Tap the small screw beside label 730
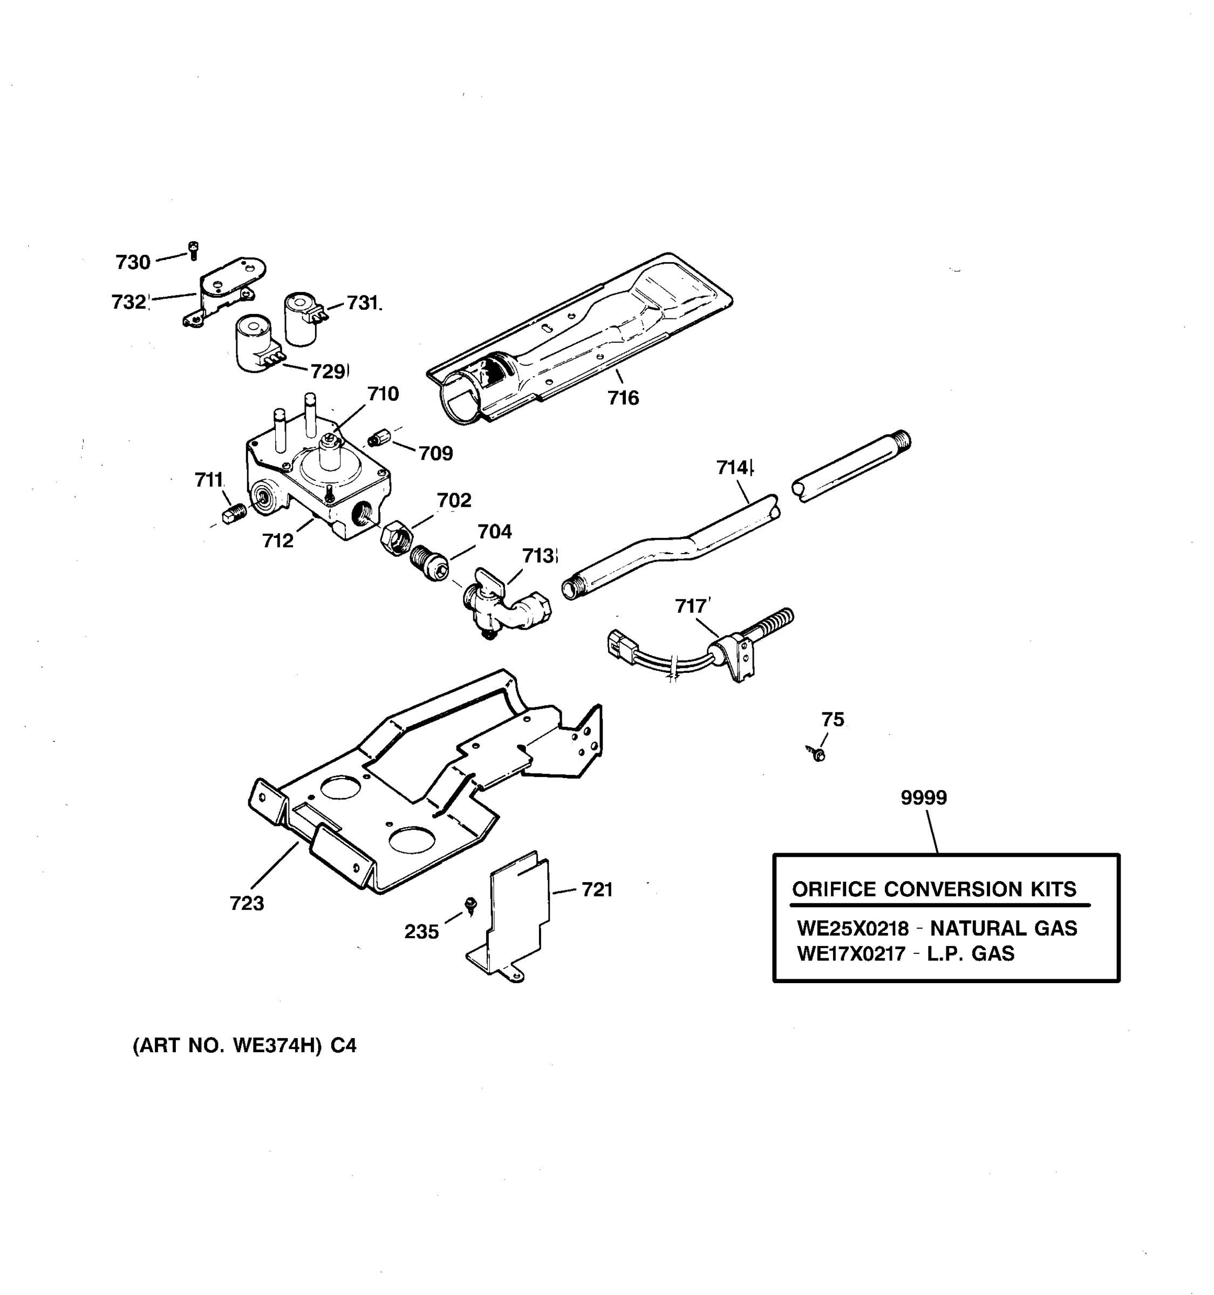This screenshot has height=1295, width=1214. tap(194, 250)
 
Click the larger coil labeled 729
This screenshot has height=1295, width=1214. tap(255, 344)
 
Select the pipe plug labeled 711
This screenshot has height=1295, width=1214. tap(233, 514)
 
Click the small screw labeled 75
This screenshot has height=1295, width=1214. tap(818, 754)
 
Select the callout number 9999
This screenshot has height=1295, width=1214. tap(924, 798)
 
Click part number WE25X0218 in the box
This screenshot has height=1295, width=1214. tap(852, 928)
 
